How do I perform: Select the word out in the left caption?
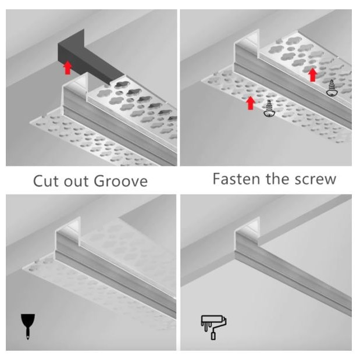click(76, 181)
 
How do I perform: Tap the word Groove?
click(121, 181)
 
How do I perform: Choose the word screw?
click(316, 180)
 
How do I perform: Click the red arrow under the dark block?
click(67, 67)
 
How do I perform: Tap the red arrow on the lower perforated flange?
click(251, 103)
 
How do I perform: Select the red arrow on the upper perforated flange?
click(312, 74)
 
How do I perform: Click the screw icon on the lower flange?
click(269, 109)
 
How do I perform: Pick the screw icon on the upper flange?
click(332, 88)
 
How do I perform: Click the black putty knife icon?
click(28, 326)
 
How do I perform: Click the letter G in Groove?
click(99, 181)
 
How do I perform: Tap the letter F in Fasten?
click(217, 179)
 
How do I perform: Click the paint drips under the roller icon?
click(206, 327)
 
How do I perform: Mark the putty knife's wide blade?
click(28, 321)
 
